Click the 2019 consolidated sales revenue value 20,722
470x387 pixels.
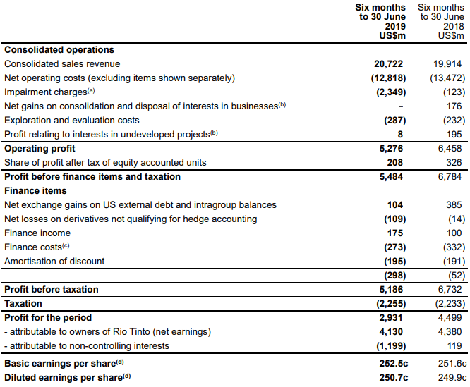388,63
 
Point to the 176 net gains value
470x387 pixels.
454,106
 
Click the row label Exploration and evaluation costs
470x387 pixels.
72,121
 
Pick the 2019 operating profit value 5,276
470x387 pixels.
391,149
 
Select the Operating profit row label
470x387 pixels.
40,149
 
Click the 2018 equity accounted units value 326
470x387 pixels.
454,163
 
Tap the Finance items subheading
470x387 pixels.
35,190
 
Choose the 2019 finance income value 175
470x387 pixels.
395,233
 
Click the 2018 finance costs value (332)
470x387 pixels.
454,247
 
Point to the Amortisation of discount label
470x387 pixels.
54,262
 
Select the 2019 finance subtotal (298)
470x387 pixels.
395,276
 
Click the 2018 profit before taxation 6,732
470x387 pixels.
450,290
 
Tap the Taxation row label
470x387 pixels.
23,304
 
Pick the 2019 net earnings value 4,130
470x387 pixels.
391,331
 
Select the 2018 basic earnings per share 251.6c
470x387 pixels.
452,363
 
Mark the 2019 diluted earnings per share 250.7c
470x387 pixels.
394,377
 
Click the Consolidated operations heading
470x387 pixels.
59,49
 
